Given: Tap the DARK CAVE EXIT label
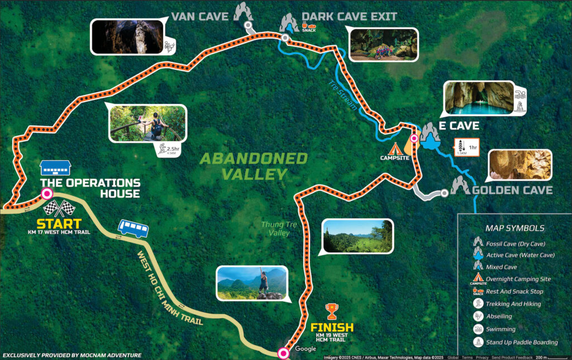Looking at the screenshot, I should (x=349, y=16).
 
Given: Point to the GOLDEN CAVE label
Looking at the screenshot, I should (x=512, y=190).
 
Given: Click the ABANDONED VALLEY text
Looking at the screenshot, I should (x=254, y=166).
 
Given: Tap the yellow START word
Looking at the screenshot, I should (x=59, y=224).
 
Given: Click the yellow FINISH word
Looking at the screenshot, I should (x=332, y=328).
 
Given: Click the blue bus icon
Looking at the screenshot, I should (x=133, y=228).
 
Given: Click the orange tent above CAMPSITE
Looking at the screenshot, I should (x=395, y=149).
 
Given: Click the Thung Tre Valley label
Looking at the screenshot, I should (x=275, y=228).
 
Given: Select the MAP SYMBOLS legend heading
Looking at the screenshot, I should (x=515, y=228).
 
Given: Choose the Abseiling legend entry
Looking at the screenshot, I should (x=499, y=316).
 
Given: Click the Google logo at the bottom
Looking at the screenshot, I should (x=306, y=349).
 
